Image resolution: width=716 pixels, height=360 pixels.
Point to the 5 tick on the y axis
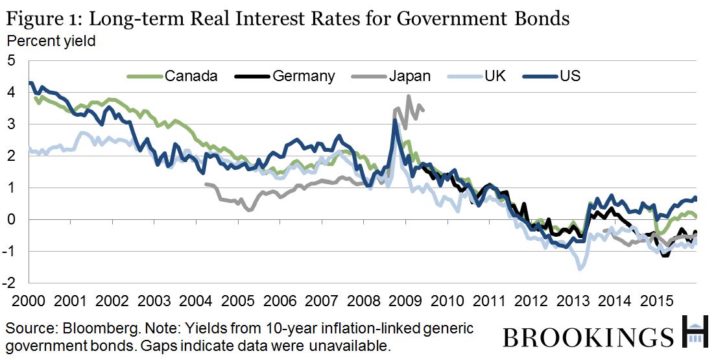coord(11,61)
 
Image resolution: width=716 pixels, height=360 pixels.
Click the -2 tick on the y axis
coord(9,283)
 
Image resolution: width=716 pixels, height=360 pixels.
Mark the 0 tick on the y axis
coord(11,219)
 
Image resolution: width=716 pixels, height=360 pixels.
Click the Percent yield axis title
coord(51,41)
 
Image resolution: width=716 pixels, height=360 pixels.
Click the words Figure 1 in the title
coord(40,18)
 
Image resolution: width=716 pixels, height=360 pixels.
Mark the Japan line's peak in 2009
coord(408,96)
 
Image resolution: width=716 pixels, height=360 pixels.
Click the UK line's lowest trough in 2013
coord(580,269)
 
